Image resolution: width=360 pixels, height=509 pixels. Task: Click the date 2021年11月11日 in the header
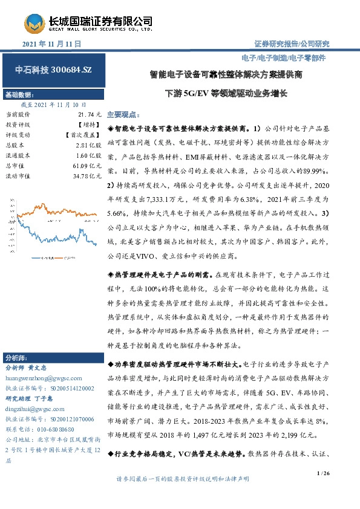coord(51,45)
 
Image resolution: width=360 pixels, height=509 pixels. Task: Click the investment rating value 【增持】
coord(89,124)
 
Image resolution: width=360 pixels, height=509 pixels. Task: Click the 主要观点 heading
coord(123,114)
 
